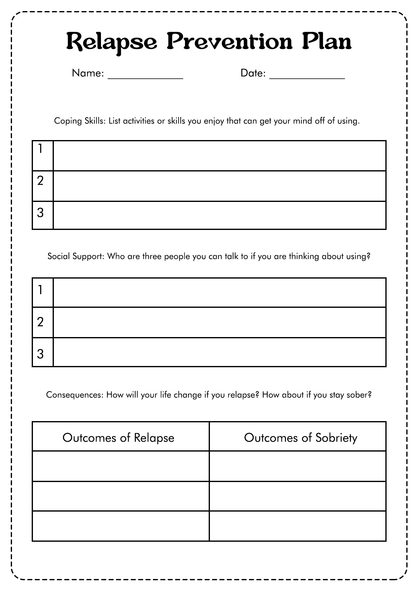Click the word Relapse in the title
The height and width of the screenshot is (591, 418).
pyautogui.click(x=111, y=42)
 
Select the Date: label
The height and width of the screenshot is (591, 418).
pyautogui.click(x=253, y=73)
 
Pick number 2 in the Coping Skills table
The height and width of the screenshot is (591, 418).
pyautogui.click(x=41, y=181)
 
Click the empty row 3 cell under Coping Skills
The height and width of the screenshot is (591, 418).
pyautogui.click(x=219, y=215)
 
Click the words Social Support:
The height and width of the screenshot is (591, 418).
pyautogui.click(x=76, y=256)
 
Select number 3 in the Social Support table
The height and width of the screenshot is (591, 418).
pyautogui.click(x=41, y=354)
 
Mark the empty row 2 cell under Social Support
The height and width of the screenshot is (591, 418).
pyautogui.click(x=219, y=322)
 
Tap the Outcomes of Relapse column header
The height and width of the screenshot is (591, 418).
pyautogui.click(x=119, y=438)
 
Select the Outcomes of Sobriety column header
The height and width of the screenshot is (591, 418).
pyautogui.click(x=300, y=438)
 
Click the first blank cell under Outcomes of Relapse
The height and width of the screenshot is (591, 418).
pyautogui.click(x=121, y=466)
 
